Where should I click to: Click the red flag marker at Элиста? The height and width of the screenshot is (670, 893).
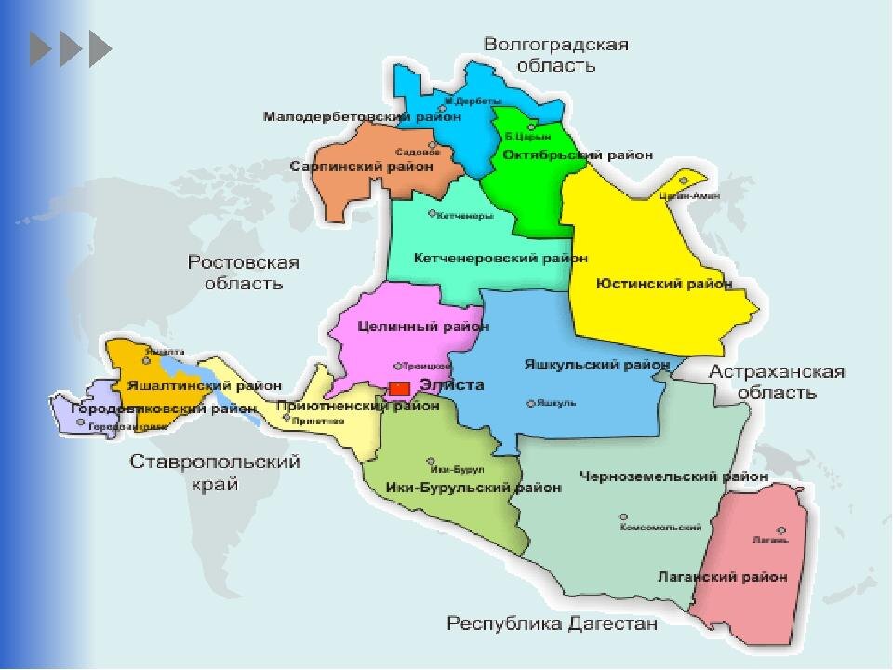399,386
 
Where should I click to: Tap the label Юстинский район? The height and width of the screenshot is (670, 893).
664,284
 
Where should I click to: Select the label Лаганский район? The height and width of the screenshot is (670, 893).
723,577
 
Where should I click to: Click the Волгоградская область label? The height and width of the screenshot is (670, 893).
556,54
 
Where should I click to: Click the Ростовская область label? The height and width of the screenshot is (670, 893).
244,273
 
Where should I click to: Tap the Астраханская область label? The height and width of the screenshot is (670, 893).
777,382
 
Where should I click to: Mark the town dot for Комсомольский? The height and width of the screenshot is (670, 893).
623,516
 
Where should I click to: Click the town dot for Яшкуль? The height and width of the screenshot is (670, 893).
530,403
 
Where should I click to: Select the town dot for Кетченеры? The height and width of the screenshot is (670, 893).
431,213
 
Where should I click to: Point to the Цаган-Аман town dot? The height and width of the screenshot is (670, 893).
685,181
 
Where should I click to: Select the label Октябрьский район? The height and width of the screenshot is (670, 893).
577,154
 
